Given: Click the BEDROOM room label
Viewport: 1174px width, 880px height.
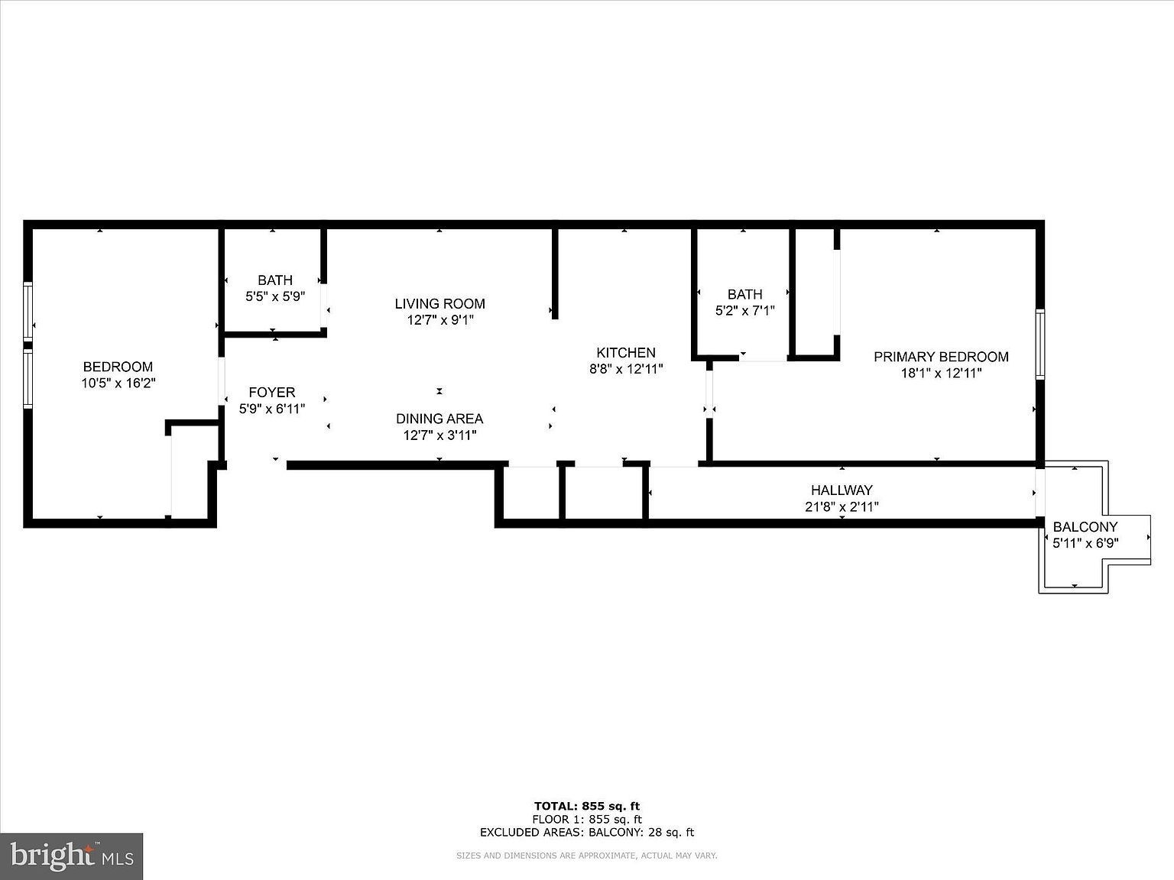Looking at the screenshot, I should tap(118, 367).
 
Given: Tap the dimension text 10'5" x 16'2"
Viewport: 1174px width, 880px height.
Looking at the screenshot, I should tap(118, 383).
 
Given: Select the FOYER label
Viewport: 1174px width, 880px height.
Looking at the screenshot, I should tap(271, 393).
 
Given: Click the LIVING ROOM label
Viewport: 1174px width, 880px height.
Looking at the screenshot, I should tap(439, 304).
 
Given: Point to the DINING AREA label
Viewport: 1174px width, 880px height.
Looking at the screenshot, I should tap(439, 419).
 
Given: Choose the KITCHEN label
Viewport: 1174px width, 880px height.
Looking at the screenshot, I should tap(626, 353).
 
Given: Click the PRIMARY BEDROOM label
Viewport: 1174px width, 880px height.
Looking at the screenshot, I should tap(941, 357).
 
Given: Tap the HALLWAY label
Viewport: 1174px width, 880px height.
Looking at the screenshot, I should tap(842, 490).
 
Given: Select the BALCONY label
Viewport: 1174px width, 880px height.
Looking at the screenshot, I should tap(1085, 527).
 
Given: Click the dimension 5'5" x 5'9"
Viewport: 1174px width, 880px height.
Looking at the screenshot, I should tap(275, 296).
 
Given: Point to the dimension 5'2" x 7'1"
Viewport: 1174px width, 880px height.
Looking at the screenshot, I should tap(744, 311).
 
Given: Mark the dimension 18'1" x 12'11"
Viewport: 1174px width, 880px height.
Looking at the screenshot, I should tap(941, 374).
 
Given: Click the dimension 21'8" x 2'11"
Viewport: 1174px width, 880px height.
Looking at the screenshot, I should tap(842, 506).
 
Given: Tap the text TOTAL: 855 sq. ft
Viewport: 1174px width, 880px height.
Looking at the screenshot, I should tap(586, 806).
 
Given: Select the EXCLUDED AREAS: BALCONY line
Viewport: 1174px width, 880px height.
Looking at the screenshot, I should tap(586, 833).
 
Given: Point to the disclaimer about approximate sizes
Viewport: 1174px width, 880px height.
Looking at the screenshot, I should tap(586, 856).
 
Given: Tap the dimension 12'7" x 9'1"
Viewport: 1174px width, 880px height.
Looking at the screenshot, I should tap(439, 320).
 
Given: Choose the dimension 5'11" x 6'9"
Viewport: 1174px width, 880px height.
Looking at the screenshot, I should tap(1085, 543).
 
